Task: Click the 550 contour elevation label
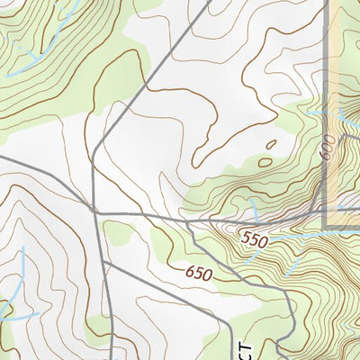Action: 257,239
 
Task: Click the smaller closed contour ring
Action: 271,144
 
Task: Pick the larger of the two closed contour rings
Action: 265,163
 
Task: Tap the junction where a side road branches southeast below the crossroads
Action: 102,263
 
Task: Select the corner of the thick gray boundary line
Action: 325,225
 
